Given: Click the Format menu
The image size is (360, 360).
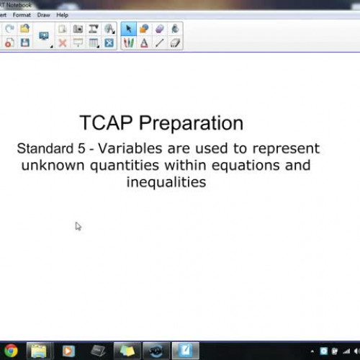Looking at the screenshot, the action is point(22,15).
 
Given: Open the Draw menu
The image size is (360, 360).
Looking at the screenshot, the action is point(43,15).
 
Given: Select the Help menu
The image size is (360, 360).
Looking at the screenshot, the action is point(62,15).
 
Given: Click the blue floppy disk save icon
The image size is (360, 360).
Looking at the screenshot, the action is point(25,42).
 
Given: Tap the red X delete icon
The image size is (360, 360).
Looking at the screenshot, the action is point(63,43).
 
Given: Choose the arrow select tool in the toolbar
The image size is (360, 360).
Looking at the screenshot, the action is point(129,29).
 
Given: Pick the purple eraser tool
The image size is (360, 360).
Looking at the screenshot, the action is point(160,29).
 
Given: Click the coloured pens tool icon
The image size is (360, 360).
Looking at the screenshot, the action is point(129,43).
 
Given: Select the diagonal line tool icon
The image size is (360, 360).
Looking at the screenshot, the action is point(160,43).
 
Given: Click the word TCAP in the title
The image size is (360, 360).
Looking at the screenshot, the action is point(106,122).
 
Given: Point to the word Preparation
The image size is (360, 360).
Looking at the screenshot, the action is point(192,124).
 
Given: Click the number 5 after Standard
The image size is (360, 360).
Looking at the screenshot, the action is point(81,148).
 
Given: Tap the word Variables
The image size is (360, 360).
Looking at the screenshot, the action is point(130,148).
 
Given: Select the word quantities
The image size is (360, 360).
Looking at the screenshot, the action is point(125,166).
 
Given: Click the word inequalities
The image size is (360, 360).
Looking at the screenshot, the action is point(166,183).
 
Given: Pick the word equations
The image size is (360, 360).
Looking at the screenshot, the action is point(246,166).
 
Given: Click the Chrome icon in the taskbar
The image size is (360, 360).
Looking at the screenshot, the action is point(11,351).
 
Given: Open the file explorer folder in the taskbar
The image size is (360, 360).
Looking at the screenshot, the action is point(38,351).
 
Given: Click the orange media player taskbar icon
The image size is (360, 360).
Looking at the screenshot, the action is point(68,351).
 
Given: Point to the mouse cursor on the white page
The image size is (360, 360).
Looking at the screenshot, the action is point(78,226).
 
